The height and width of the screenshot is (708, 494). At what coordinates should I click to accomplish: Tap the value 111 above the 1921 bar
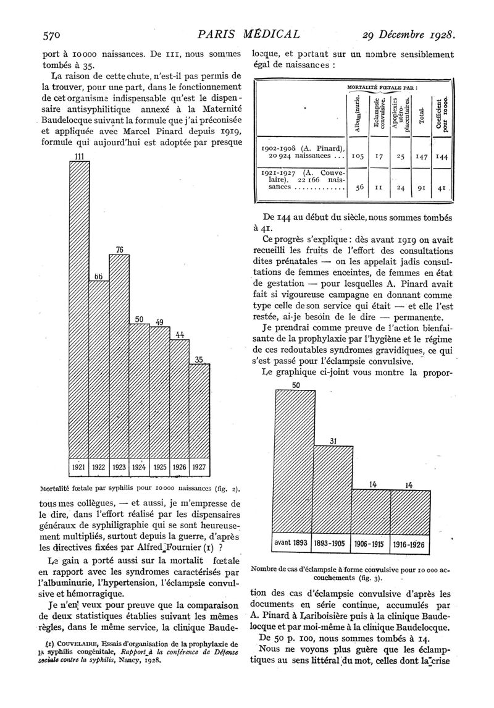pyautogui.click(x=78, y=156)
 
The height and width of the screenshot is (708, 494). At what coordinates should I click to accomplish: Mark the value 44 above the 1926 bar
pyautogui.click(x=180, y=335)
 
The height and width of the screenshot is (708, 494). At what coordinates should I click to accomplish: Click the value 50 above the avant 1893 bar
pyautogui.click(x=295, y=386)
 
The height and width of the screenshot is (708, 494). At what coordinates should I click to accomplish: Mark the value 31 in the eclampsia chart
pyautogui.click(x=333, y=441)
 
